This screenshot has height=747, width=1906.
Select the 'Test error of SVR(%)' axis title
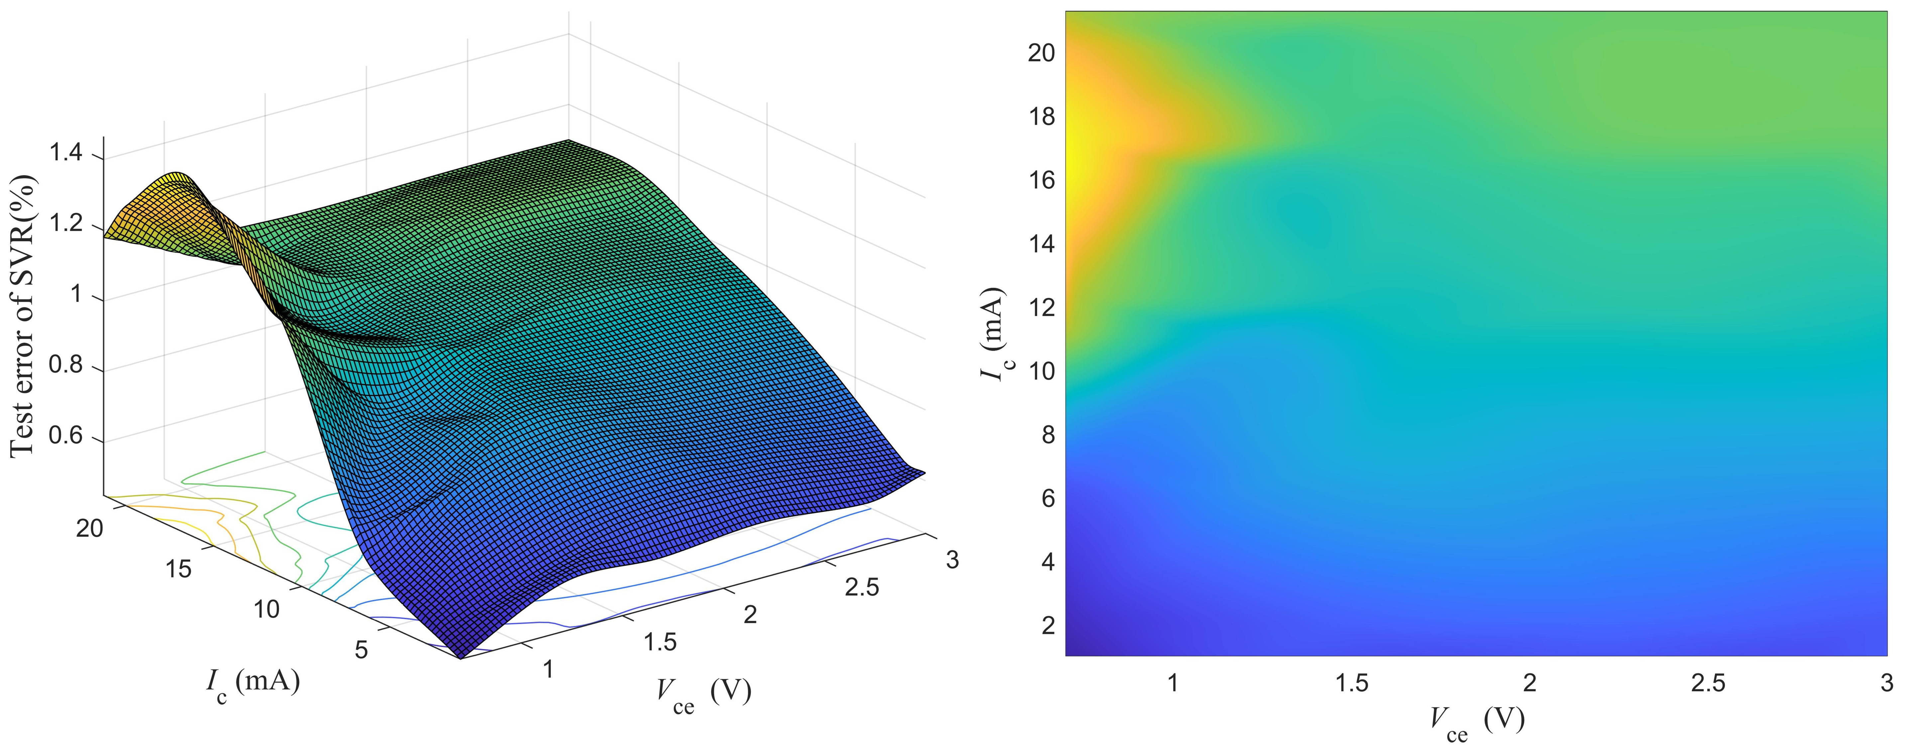point(24,317)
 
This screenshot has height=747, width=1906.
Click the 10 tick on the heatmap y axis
point(1042,371)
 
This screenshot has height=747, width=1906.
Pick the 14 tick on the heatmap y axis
point(1042,244)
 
